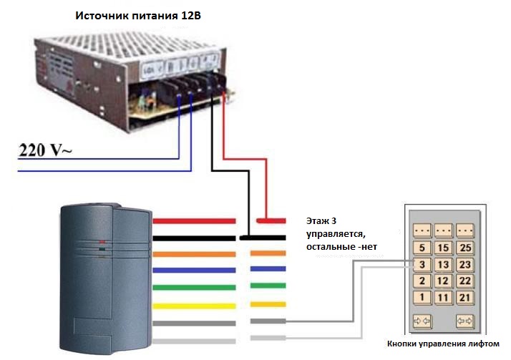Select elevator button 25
coord(466,248)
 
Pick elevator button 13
coord(444,265)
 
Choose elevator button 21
coord(466,298)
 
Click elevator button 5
coord(422,248)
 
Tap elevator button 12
coord(444,281)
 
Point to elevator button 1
coord(422,298)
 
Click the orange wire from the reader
coord(193,253)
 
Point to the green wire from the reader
coord(193,288)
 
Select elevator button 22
coord(466,281)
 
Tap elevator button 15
coord(444,248)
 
